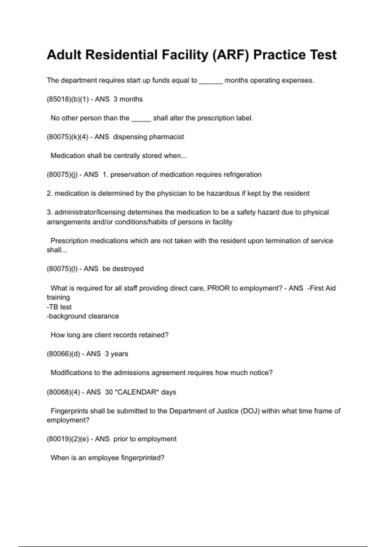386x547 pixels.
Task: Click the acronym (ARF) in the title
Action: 231,55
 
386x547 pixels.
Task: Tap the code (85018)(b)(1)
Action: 68,99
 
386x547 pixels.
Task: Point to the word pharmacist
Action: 166,137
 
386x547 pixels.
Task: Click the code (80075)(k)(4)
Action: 68,137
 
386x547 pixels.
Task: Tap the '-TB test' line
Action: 59,307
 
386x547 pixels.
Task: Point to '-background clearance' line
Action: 83,316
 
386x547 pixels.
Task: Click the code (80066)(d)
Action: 63,354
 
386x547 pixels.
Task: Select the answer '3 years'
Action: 116,354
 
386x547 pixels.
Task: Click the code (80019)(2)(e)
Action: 68,439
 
